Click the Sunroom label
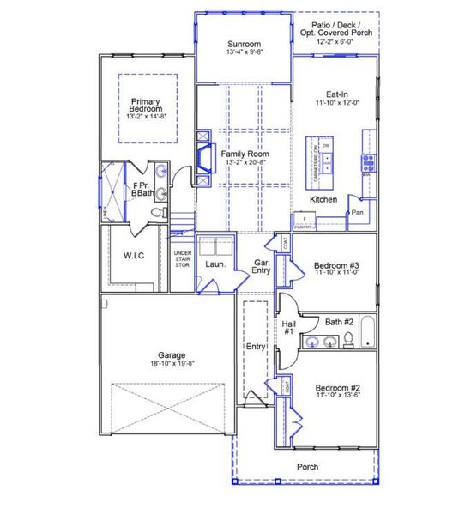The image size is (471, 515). pos(244,44)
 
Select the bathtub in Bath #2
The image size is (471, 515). pos(368,334)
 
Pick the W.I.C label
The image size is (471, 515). pos(132,255)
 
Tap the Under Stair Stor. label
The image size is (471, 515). pos(182,258)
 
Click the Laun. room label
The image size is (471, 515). pos(215,264)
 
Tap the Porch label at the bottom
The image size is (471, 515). pos(307,467)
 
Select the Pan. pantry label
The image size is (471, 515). pos(357,210)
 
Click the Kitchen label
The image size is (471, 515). pos(323,199)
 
